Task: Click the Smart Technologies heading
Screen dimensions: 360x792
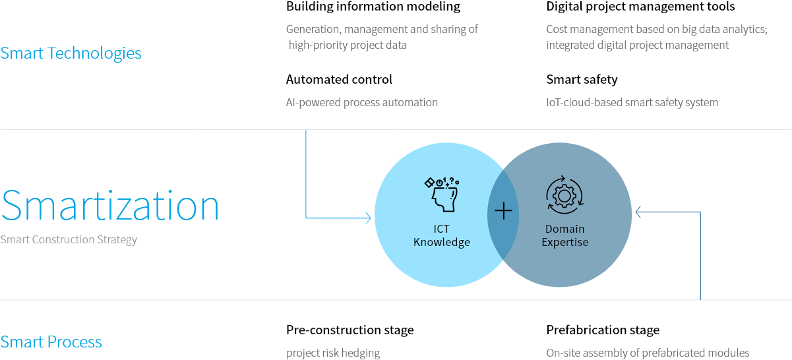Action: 71,53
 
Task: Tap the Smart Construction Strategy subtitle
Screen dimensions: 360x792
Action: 69,239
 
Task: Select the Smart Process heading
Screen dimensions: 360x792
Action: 51,342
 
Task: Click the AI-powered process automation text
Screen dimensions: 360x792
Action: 361,102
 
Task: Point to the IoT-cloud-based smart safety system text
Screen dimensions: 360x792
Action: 632,102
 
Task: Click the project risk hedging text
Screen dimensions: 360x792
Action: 333,353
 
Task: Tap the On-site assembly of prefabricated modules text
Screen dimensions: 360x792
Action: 648,353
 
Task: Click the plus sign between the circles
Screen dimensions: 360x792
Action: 503,211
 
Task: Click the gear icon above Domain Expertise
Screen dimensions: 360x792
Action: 564,195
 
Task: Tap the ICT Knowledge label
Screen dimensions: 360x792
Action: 441,235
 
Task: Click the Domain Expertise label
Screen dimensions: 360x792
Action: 564,235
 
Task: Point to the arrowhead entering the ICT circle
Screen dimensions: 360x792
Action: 369,217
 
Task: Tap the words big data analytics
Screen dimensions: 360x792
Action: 717,29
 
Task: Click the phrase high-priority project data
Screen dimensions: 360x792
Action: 348,45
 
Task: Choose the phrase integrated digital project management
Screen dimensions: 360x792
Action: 637,45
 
